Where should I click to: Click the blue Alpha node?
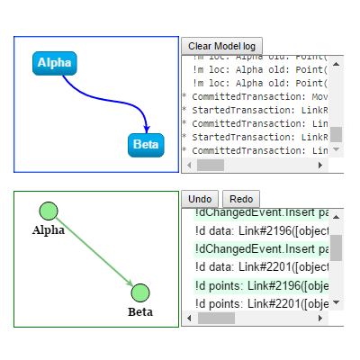pos(55,64)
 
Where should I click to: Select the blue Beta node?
pos(146,144)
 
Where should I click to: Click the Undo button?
pos(201,199)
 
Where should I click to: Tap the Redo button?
pos(240,199)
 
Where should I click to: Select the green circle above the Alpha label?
pos(49,211)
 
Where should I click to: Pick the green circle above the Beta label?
pos(139,293)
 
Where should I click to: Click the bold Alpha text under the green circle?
pos(49,230)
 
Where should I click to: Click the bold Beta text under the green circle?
pos(139,312)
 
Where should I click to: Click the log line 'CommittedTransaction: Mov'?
pos(256,95)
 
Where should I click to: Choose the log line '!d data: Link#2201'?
pos(261,266)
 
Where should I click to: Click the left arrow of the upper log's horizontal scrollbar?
pos(189,166)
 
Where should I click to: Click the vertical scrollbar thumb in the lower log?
pos(336,248)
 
